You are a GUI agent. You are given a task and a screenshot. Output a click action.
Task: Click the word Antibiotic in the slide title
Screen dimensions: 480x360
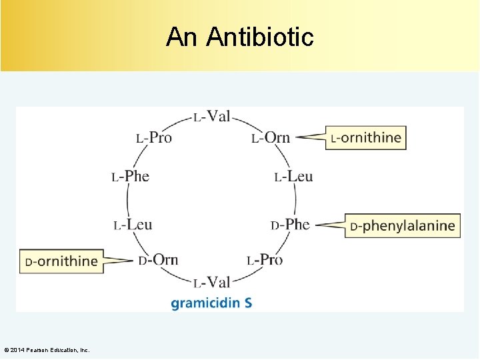point(260,37)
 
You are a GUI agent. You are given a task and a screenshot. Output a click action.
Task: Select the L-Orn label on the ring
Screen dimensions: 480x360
point(271,138)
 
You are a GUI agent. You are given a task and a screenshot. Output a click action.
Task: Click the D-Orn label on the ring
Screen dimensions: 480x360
point(158,260)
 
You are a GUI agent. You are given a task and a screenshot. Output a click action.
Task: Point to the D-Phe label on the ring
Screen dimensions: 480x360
point(290,225)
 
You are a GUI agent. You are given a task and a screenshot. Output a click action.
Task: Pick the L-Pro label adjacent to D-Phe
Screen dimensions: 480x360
point(265,260)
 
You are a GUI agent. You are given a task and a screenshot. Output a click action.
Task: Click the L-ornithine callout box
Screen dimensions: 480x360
point(365,138)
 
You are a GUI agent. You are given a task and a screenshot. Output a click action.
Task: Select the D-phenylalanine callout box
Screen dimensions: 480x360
point(403,226)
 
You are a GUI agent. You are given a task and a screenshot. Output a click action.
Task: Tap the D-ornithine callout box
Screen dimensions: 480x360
point(61,261)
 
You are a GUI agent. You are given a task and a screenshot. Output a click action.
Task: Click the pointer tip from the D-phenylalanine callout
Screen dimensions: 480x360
point(315,225)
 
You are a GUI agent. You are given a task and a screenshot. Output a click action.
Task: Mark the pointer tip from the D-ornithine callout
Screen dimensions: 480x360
point(134,260)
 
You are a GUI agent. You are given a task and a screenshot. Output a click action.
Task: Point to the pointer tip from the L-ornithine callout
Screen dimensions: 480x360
point(295,138)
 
